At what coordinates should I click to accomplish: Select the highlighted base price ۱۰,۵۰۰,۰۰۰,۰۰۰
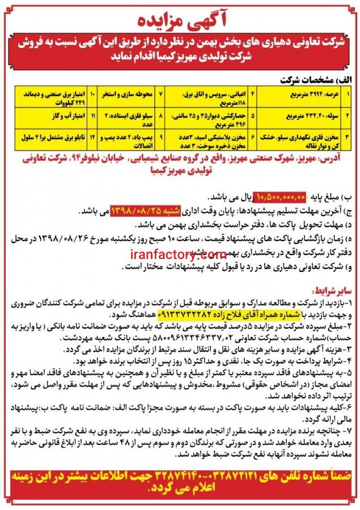pos(282,196)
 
